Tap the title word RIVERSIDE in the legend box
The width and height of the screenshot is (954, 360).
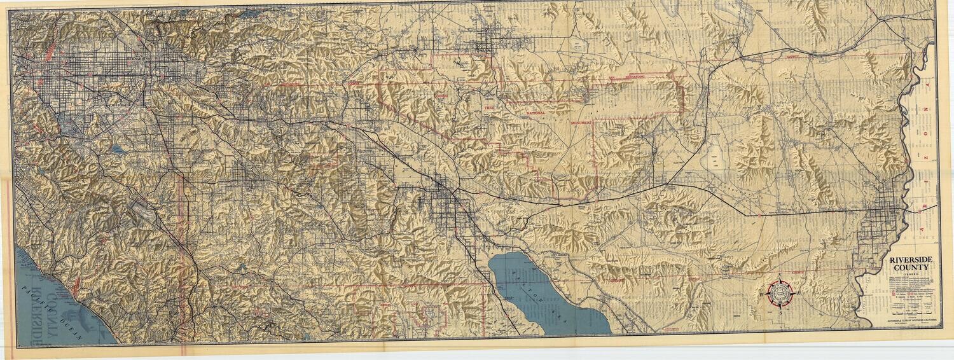click(x=913, y=261)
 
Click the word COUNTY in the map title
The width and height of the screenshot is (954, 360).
click(x=913, y=268)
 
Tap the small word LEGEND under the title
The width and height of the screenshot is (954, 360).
click(x=913, y=275)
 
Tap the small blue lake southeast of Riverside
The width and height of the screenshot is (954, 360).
click(x=119, y=150)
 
